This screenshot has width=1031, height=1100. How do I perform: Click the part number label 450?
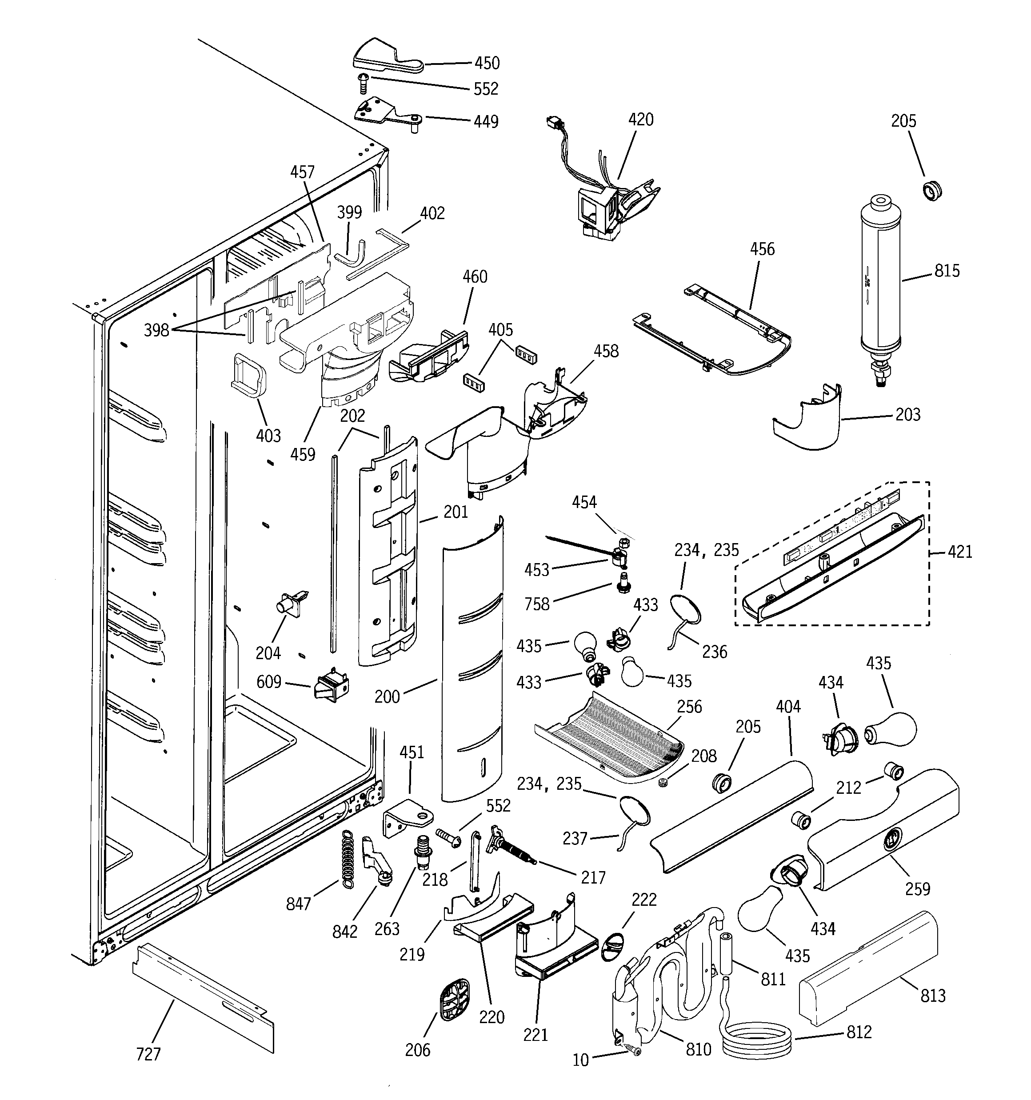(x=487, y=63)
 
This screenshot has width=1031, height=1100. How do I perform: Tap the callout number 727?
(x=148, y=1055)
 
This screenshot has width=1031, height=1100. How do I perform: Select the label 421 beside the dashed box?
(x=959, y=552)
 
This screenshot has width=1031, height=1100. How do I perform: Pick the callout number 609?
(x=269, y=682)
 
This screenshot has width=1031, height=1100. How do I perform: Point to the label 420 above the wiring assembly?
(x=641, y=120)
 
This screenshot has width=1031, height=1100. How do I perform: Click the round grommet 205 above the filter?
(x=932, y=190)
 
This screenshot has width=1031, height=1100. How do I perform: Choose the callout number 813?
(x=933, y=996)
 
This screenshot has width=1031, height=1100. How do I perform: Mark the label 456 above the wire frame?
(x=762, y=249)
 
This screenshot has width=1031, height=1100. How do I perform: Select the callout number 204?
(x=268, y=653)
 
